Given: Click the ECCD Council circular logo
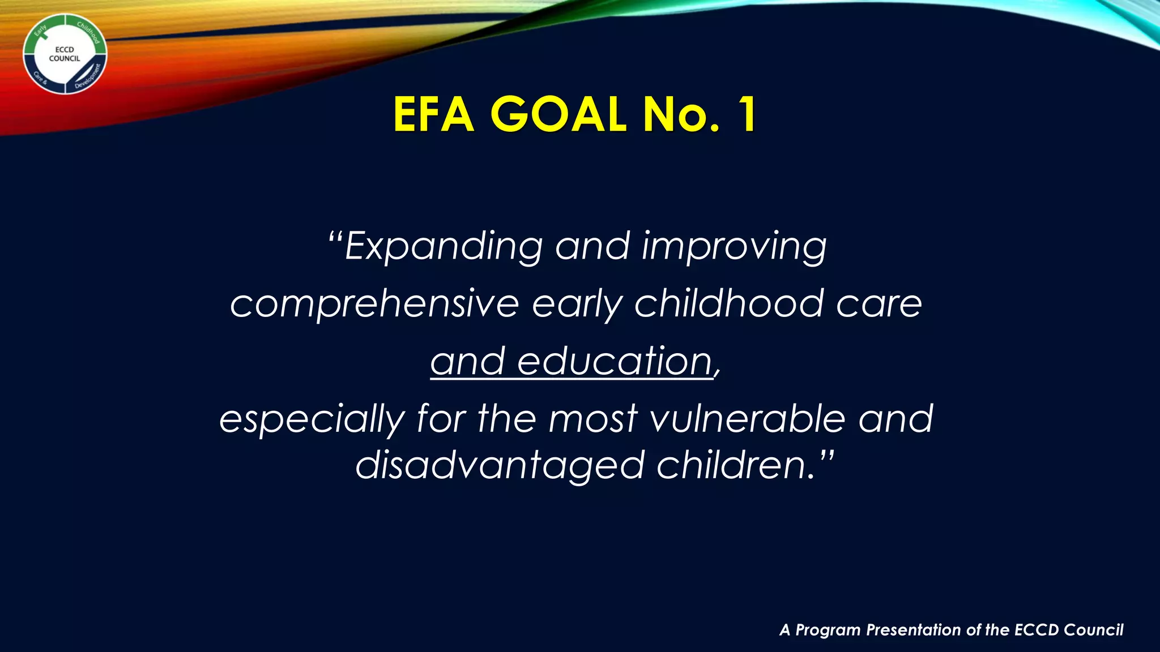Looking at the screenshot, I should pyautogui.click(x=65, y=54).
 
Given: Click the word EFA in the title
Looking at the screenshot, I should pyautogui.click(x=433, y=115).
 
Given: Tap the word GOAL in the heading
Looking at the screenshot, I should pyautogui.click(x=558, y=115).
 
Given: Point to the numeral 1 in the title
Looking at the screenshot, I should pyautogui.click(x=747, y=115).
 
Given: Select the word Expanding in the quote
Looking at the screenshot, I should pyautogui.click(x=443, y=247).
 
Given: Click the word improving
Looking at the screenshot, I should pyautogui.click(x=734, y=247).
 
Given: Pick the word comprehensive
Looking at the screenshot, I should pyautogui.click(x=374, y=304).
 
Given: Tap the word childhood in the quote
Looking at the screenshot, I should pyautogui.click(x=728, y=304).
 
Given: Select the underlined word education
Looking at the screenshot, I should pyautogui.click(x=615, y=362).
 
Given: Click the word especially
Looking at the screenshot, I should pyautogui.click(x=312, y=420).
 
